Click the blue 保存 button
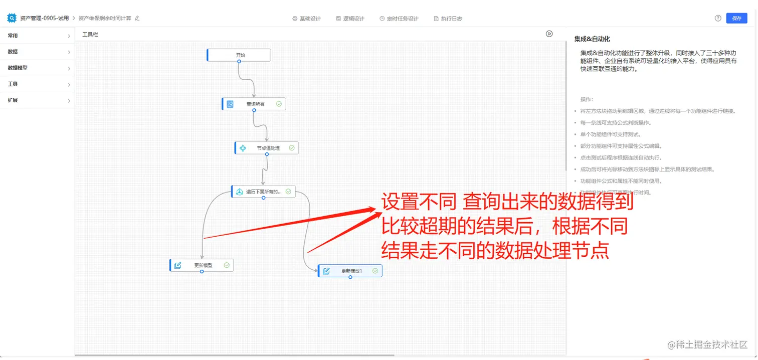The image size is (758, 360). point(736,18)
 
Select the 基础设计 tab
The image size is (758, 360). point(306,19)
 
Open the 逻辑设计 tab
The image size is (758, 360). point(350,19)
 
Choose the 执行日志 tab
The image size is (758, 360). point(448,19)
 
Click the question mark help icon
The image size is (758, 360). point(718,18)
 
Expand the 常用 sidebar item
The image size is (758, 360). point(37,36)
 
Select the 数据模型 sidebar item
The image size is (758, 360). point(37,68)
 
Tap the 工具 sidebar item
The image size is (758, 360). point(37,84)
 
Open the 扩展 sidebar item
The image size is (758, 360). point(37,100)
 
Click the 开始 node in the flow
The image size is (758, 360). point(240,55)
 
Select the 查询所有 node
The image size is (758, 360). point(255,104)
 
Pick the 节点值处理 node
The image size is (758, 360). point(267,148)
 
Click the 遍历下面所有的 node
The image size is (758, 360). point(264,192)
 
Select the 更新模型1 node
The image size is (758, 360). point(351,271)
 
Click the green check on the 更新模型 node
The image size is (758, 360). point(227,265)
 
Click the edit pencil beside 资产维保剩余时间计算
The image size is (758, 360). point(137,18)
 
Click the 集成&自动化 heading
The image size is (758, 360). point(592,39)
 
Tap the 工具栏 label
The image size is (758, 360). point(90,35)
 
